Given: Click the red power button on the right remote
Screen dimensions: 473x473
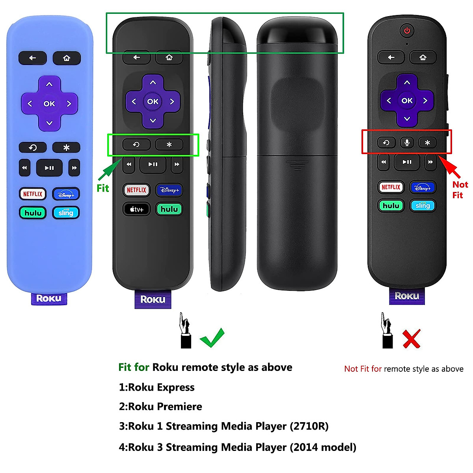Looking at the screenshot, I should pos(407,30).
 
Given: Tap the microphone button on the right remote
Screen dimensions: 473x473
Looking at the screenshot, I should pos(407,142).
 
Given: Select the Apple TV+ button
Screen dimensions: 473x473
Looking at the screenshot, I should pos(136,209).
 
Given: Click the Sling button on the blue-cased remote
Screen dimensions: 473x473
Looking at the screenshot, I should pos(66,213).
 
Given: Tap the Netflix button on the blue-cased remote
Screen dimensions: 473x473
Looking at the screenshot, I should pos(33,194).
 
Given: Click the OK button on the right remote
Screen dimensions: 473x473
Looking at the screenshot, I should pos(407,101).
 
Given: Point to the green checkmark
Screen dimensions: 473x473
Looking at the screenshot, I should pos(212,338).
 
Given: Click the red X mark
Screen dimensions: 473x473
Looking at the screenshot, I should pos(412,339).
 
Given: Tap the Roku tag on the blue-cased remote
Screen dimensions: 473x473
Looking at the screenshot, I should pos(49,298).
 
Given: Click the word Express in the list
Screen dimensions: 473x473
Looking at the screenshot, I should pos(175,387).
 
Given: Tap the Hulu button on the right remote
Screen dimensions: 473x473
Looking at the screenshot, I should pos(391,205).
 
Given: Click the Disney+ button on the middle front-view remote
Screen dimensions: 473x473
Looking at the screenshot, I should pos(169,190).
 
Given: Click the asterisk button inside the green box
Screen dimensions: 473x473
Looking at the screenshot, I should pos(169,145).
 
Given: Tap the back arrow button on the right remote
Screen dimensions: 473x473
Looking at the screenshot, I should pos(391,58).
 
